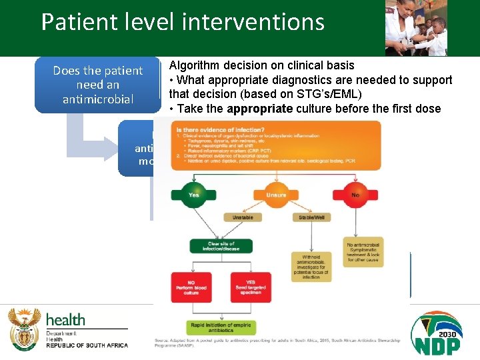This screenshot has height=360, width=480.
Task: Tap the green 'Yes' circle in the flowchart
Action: click(193, 195)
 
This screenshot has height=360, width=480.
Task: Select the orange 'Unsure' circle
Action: click(276, 195)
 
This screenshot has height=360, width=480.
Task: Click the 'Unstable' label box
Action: click(242, 217)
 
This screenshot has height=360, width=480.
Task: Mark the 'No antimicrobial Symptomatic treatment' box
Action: click(363, 253)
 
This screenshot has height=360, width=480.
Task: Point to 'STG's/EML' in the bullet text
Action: click(331, 93)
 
